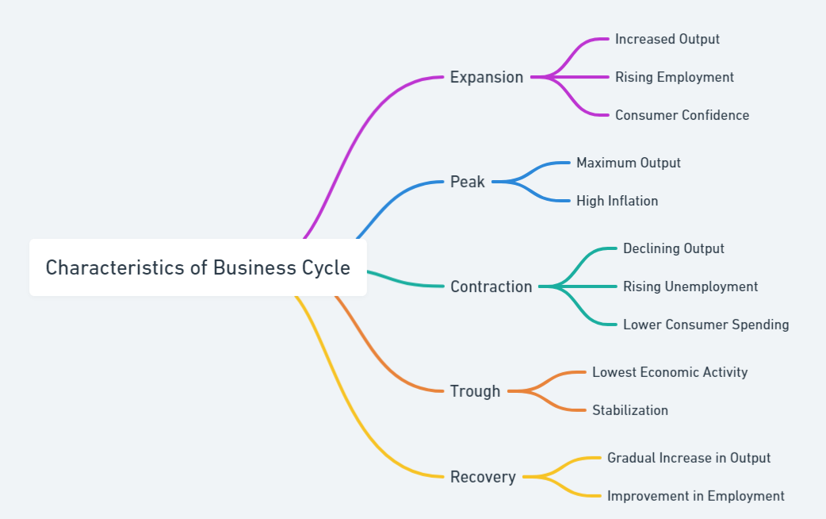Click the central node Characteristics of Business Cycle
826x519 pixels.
197,267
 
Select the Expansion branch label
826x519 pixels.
486,77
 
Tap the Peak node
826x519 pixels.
467,182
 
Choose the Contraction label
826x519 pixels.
491,286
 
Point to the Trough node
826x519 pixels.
475,391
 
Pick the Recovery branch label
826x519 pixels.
482,477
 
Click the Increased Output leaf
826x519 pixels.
667,39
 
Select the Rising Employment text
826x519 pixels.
674,77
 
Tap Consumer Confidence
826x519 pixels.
682,115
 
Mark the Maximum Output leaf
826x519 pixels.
628,163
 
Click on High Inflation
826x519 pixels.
617,201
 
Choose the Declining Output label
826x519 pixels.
673,248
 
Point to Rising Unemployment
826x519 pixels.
690,286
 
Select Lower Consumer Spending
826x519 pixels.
706,325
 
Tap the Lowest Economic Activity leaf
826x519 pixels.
669,372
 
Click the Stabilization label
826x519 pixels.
629,410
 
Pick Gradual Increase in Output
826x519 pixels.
688,458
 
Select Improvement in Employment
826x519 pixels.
695,496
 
